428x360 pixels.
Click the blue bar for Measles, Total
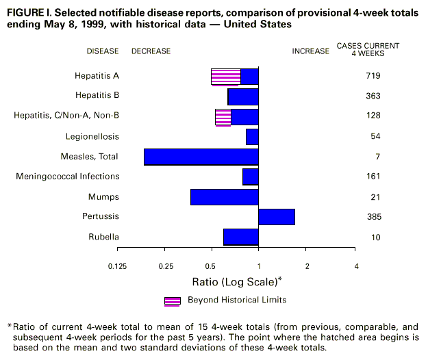(x=201, y=157)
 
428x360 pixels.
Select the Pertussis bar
(x=277, y=217)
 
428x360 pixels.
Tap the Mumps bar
(x=225, y=197)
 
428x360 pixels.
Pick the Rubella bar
(x=241, y=237)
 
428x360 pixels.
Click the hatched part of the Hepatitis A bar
(x=225, y=77)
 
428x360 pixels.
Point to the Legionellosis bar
(x=252, y=137)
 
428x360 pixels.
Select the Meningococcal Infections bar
(x=251, y=177)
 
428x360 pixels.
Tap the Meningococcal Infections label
(x=68, y=177)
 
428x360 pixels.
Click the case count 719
(x=373, y=76)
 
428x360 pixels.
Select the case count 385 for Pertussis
(x=373, y=217)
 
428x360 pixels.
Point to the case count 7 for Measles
(x=377, y=157)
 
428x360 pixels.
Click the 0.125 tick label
(x=117, y=266)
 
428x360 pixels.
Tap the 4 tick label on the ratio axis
(x=355, y=266)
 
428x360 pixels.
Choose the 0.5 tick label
(x=211, y=266)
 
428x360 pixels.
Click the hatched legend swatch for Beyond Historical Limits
(x=173, y=300)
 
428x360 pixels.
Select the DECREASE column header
(x=151, y=51)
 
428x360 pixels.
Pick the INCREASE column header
(x=311, y=51)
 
